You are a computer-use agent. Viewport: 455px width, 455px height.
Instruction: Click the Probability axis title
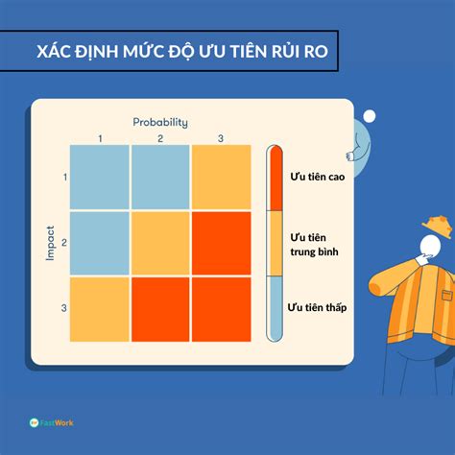[160, 123]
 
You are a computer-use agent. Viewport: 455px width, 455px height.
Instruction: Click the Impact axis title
[50, 243]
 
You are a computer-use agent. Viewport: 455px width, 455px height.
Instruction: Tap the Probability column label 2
[160, 138]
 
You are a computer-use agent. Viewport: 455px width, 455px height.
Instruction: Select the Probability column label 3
[221, 138]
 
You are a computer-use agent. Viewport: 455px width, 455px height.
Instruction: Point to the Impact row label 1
[65, 177]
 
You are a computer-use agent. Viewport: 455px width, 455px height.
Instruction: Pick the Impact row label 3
[64, 308]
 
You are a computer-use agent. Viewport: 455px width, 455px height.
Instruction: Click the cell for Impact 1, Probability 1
[100, 177]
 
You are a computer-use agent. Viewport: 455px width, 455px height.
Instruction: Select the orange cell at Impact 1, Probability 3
[222, 177]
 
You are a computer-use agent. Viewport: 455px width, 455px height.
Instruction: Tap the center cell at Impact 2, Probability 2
[160, 243]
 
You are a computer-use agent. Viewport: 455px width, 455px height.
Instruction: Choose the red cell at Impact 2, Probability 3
[222, 243]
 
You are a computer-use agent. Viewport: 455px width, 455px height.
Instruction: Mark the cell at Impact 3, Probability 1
[100, 309]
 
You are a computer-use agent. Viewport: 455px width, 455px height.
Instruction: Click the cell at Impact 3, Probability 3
[222, 309]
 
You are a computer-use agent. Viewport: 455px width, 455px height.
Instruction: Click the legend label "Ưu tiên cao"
[318, 177]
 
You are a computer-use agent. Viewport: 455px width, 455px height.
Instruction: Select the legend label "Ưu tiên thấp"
[317, 307]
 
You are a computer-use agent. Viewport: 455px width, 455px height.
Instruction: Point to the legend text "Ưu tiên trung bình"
[314, 245]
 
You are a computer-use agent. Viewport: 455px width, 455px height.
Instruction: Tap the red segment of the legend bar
[276, 179]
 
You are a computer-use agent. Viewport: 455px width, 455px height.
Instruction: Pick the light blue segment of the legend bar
[276, 308]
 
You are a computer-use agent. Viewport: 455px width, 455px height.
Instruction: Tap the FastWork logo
[51, 422]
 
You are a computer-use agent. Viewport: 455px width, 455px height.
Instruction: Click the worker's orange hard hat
[438, 226]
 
